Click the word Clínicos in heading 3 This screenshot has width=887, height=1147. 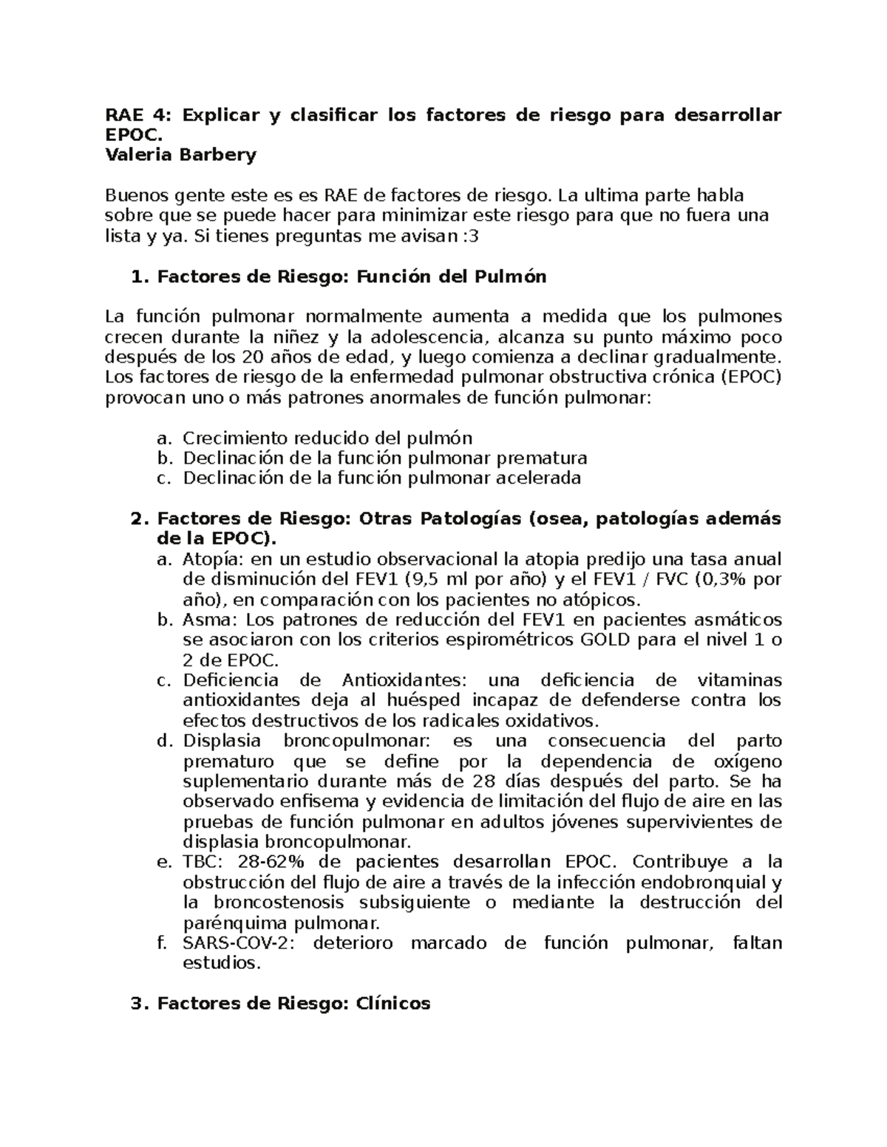click(393, 1004)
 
